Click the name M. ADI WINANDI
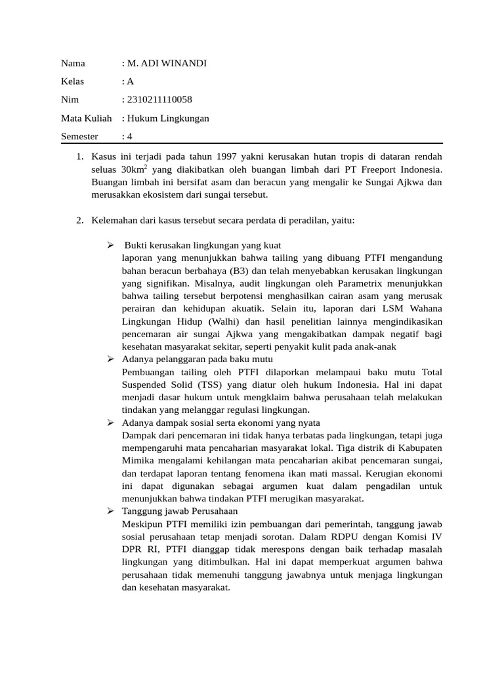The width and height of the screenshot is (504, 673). [167, 64]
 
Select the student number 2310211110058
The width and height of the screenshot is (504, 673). [159, 100]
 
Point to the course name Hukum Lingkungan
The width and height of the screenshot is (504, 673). [168, 118]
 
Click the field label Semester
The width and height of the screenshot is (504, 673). [79, 137]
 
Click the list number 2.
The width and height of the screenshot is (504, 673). [79, 220]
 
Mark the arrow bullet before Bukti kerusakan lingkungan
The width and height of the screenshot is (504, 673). [112, 245]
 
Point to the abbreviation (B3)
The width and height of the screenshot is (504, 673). [241, 271]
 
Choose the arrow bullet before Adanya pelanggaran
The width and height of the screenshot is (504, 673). [112, 360]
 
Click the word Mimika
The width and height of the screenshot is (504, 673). [138, 461]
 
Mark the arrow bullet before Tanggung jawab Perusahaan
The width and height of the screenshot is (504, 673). [112, 511]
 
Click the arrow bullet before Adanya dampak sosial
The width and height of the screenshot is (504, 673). [112, 423]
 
